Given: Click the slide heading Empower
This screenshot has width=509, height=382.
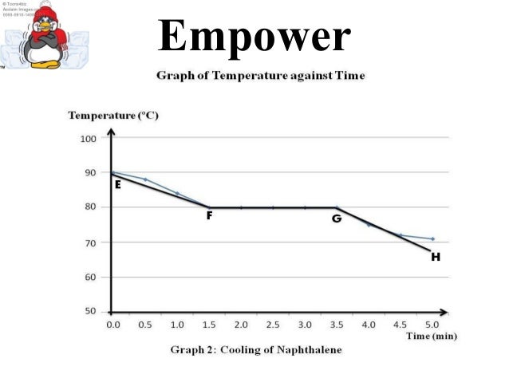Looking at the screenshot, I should coord(254,35).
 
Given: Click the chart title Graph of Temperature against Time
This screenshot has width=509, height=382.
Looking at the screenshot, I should coord(259,76).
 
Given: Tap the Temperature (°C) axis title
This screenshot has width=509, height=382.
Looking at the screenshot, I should coord(113,116).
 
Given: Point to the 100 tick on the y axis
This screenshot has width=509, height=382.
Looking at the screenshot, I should coord(88,139).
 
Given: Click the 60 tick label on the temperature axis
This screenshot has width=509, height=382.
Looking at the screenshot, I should coord(89,278).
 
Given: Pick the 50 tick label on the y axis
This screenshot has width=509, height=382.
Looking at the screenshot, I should coord(89,312).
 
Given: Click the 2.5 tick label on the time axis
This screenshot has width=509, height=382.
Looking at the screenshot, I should coord(273,325).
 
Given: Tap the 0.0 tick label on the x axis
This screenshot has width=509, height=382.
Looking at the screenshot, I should coord(112,325).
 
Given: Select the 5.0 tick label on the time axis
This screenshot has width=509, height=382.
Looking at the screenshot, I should coord(432,325).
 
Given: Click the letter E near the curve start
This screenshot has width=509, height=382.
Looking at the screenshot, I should coord(117,184).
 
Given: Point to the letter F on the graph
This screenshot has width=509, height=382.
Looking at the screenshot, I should coord(209,216).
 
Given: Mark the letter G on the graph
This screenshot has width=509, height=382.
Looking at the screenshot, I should coord(337,218).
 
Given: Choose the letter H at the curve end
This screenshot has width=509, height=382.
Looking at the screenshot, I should coord(435,257).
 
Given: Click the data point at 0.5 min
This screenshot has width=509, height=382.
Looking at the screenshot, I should coord(145,179).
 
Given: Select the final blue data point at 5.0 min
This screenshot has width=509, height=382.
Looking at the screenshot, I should coord(432,238).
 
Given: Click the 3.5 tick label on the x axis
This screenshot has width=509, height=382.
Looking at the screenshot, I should coord(337,325).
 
